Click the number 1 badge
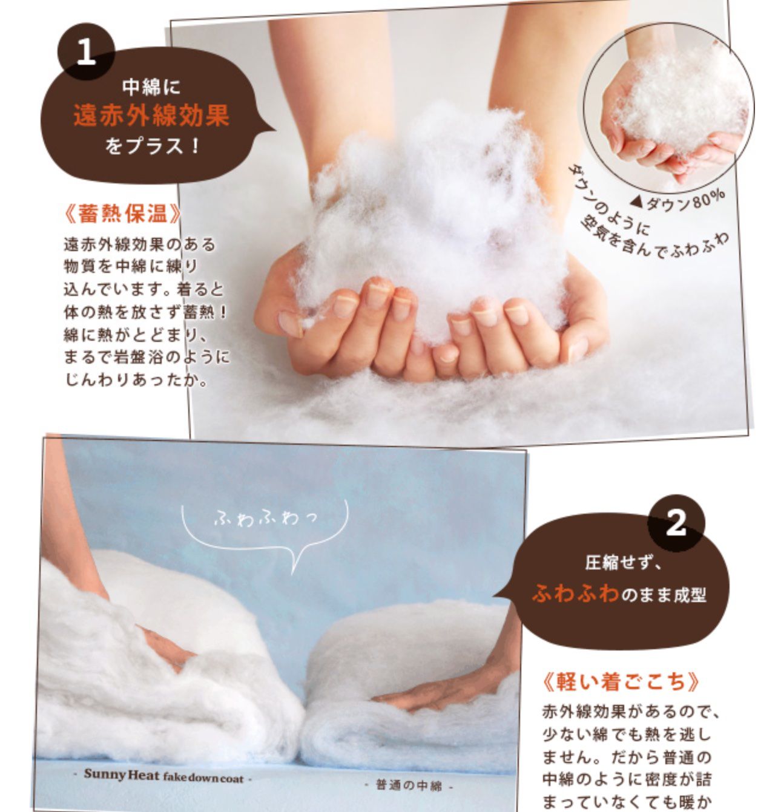coord(86,52)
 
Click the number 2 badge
coord(676,523)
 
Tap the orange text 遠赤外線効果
coord(151,116)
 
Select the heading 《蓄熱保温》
coord(122,214)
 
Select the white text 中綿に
coord(151,87)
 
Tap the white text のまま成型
coord(664,595)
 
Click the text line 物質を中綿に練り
coord(131,266)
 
